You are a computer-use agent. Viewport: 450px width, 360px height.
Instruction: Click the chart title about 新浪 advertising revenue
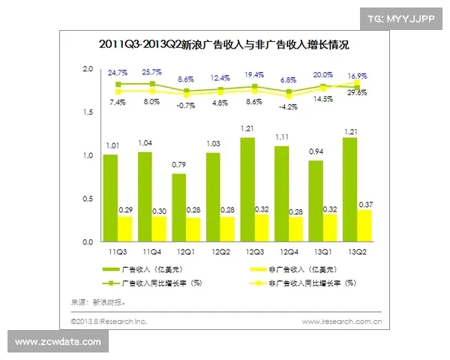(224, 45)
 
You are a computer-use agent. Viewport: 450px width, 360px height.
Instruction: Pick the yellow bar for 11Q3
(124, 229)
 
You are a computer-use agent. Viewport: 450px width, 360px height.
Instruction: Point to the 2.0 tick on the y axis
(88, 69)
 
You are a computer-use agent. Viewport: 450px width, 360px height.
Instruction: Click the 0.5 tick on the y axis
(88, 199)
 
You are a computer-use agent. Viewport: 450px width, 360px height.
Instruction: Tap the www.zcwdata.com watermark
(58, 342)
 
